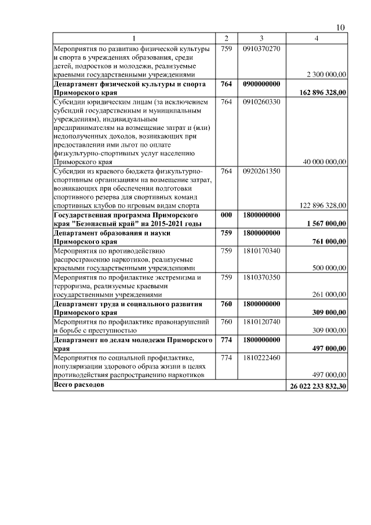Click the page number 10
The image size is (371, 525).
pyautogui.click(x=341, y=28)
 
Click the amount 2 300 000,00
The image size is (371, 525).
pyautogui.click(x=325, y=75)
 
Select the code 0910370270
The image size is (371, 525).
pyautogui.click(x=262, y=48)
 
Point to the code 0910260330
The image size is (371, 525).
pyautogui.click(x=262, y=102)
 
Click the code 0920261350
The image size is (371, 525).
pyautogui.click(x=262, y=171)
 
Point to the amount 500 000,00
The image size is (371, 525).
pyautogui.click(x=327, y=268)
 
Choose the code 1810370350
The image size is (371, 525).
pyautogui.click(x=262, y=277)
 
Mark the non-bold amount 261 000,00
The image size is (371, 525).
pyautogui.click(x=327, y=295)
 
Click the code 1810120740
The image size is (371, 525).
pyautogui.click(x=262, y=321)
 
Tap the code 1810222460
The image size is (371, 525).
pyautogui.click(x=262, y=357)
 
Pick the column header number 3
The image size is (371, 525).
pyautogui.click(x=262, y=39)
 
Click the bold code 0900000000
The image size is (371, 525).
pyautogui.click(x=262, y=84)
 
